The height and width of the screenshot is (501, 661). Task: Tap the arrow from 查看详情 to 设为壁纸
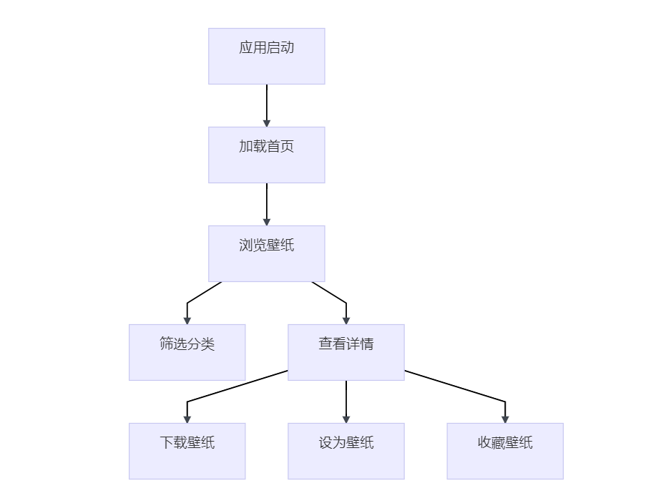346,399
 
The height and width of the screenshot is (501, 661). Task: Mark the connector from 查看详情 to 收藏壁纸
458,387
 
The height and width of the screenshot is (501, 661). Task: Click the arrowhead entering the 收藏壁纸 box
505,419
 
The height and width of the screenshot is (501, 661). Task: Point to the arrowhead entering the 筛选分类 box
187,320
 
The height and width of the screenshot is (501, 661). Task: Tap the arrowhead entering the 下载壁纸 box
187,419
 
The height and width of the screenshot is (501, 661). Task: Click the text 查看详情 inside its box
346,344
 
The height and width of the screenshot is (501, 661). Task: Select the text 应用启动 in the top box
266,48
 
